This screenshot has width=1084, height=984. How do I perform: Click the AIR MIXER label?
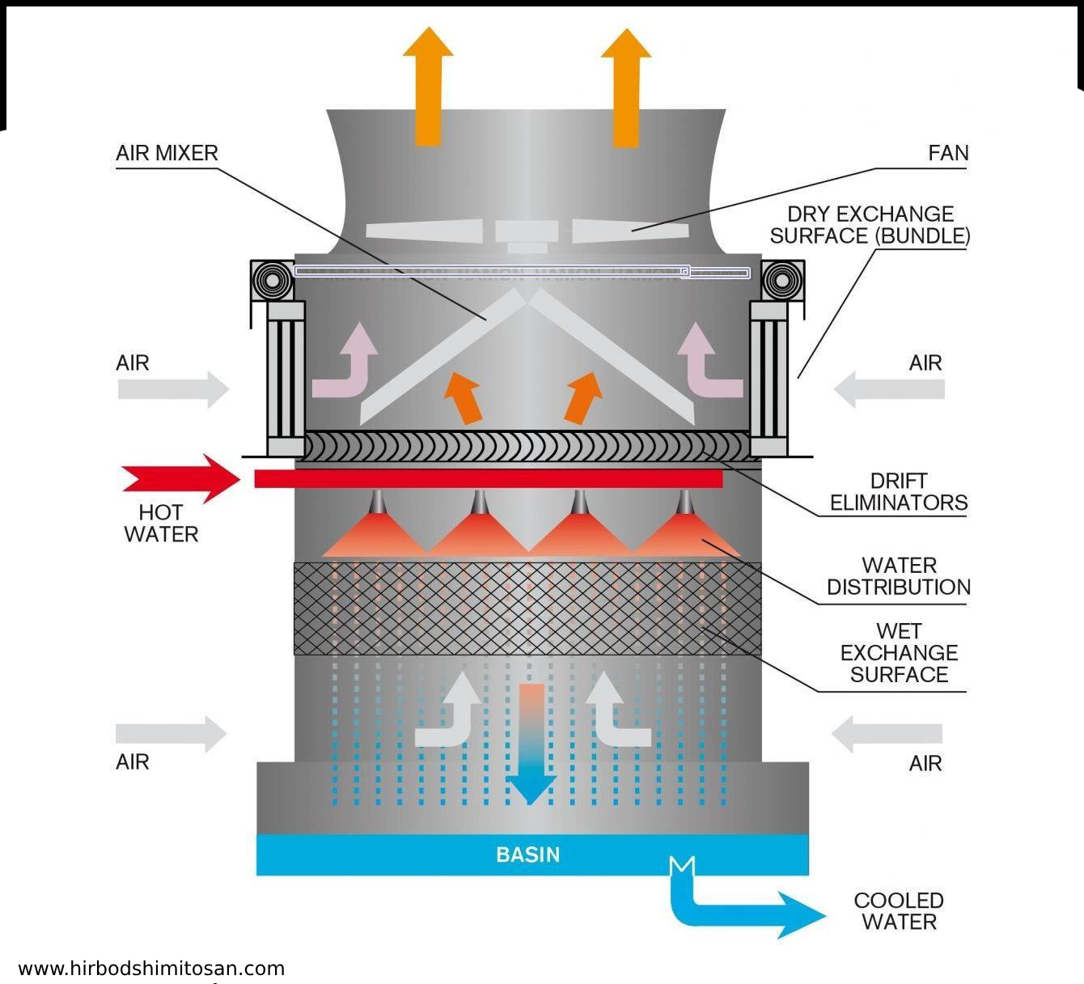(167, 153)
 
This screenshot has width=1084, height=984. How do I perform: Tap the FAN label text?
(948, 153)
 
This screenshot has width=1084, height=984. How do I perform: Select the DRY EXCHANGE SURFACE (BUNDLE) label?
(870, 225)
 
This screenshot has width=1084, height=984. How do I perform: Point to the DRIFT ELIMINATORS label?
(899, 492)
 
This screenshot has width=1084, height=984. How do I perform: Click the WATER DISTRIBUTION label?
(899, 576)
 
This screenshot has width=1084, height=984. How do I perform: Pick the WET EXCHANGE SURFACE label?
(899, 652)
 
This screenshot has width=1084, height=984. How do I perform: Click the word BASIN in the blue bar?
(527, 855)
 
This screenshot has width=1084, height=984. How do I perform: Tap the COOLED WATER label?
(899, 911)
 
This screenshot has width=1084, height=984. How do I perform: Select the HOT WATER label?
(161, 523)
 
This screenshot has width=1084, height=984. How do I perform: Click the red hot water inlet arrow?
(182, 478)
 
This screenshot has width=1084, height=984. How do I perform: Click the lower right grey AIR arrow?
(887, 734)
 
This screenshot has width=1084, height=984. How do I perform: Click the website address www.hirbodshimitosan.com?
(151, 969)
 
